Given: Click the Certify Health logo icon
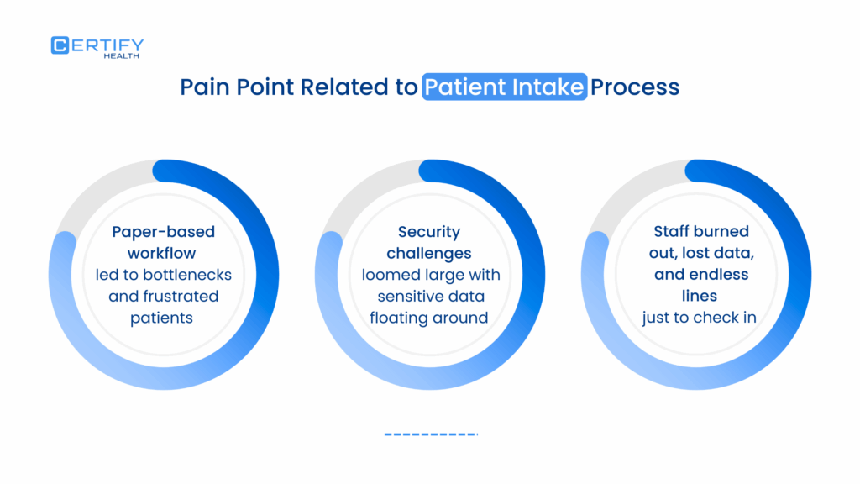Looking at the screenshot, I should click(60, 45).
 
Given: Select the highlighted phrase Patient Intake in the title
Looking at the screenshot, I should click(504, 87).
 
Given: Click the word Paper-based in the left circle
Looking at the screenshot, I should click(162, 232).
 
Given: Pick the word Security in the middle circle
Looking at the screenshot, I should click(429, 232).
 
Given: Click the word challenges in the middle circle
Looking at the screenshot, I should click(429, 253).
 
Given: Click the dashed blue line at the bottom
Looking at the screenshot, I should click(430, 434).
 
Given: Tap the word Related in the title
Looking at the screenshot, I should click(343, 87).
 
